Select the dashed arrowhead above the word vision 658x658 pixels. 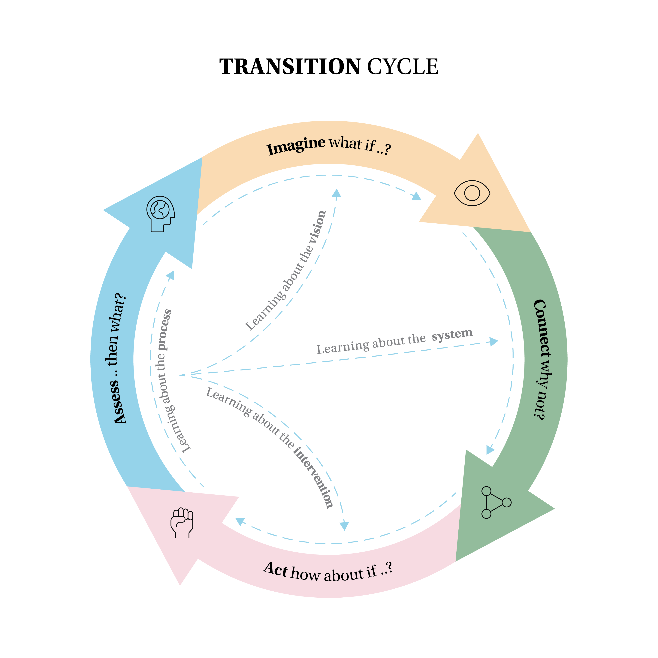pyautogui.click(x=337, y=193)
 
